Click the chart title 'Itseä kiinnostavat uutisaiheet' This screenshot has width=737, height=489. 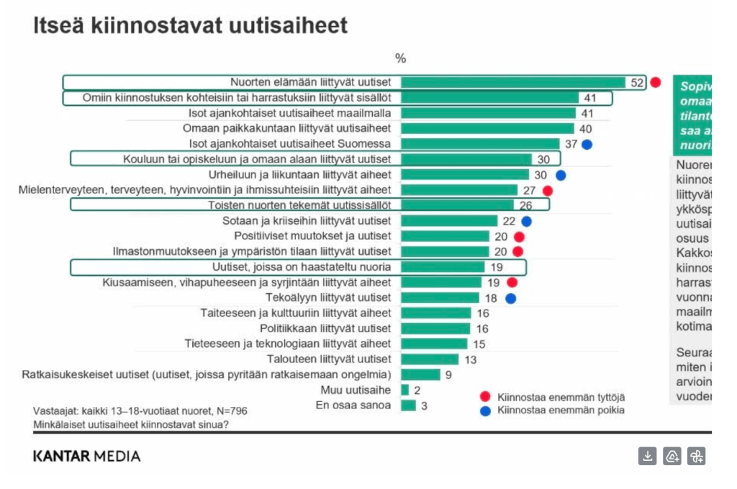[190, 26]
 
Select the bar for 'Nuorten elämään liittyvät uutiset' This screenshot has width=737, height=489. [513, 82]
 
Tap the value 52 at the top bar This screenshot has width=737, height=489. [637, 83]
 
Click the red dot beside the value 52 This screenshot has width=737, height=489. [655, 82]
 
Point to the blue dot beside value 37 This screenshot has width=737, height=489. [587, 144]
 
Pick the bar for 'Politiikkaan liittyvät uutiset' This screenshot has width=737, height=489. [435, 328]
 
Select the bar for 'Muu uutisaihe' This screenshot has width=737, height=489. [404, 390]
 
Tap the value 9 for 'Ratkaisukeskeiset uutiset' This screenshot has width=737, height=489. [448, 374]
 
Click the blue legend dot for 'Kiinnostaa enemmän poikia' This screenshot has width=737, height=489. [485, 411]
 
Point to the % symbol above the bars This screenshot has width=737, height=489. [401, 58]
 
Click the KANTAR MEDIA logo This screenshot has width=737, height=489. [86, 456]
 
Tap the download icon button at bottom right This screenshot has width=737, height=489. [648, 456]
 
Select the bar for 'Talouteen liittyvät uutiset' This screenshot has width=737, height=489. [430, 359]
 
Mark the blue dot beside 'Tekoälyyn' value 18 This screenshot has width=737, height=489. [510, 298]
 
